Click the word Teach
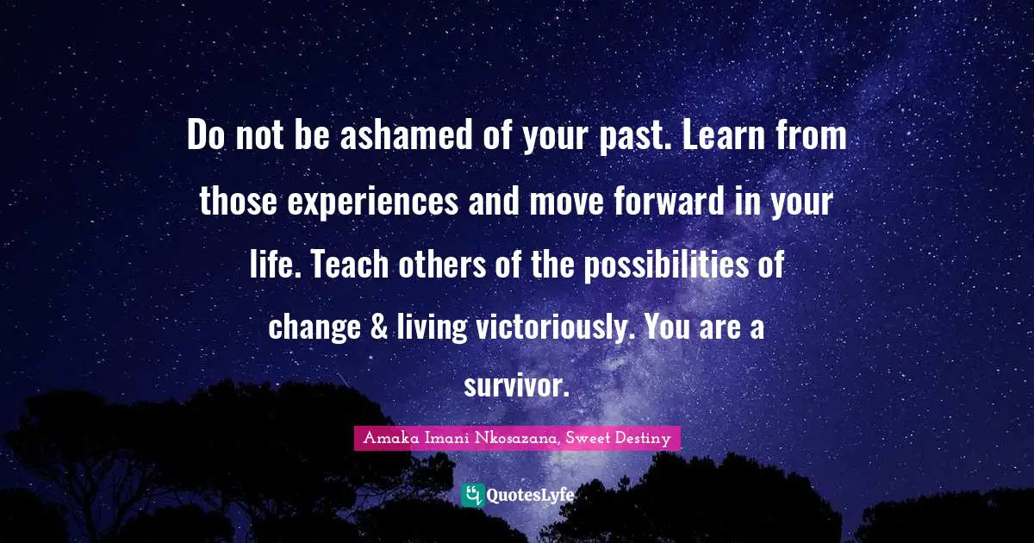(349, 265)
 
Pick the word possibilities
(670, 265)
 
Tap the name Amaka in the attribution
(389, 438)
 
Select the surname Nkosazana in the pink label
(515, 438)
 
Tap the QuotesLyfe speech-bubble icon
(472, 495)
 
